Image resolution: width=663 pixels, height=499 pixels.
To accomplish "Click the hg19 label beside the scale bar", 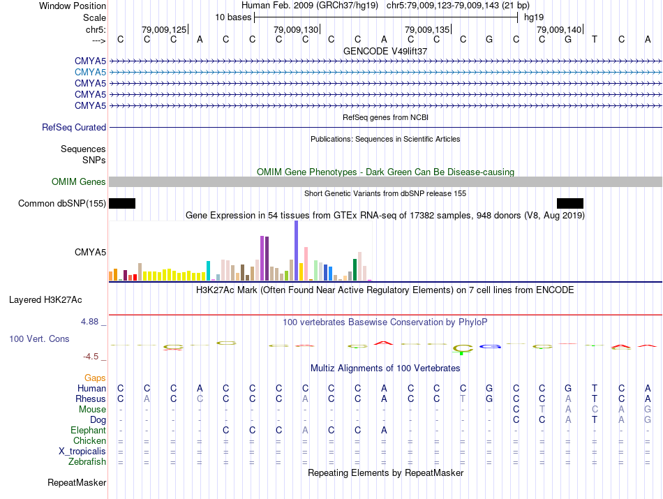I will tap(535, 17).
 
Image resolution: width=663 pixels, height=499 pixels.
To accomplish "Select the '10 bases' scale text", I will tap(233, 17).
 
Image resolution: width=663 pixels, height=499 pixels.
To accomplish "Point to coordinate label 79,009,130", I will tap(296, 29).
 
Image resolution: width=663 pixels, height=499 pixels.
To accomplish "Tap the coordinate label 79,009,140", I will tap(559, 29).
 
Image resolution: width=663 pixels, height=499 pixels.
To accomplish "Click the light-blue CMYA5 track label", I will tap(90, 72).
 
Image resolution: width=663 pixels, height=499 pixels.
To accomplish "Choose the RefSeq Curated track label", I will tap(74, 128).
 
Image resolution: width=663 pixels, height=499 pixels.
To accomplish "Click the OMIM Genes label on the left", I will tap(79, 182).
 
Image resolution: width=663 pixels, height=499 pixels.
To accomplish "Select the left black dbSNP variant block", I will tap(122, 203).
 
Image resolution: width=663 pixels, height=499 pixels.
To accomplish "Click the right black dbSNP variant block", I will tap(570, 203).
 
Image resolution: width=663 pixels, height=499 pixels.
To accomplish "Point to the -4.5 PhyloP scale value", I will tap(91, 356).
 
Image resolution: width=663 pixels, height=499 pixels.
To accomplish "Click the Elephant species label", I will tap(88, 431).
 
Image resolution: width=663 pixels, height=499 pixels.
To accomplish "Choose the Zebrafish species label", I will tap(87, 462).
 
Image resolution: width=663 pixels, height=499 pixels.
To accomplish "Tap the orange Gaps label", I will tap(95, 378).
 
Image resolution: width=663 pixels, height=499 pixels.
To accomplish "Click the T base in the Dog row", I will tap(595, 420).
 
